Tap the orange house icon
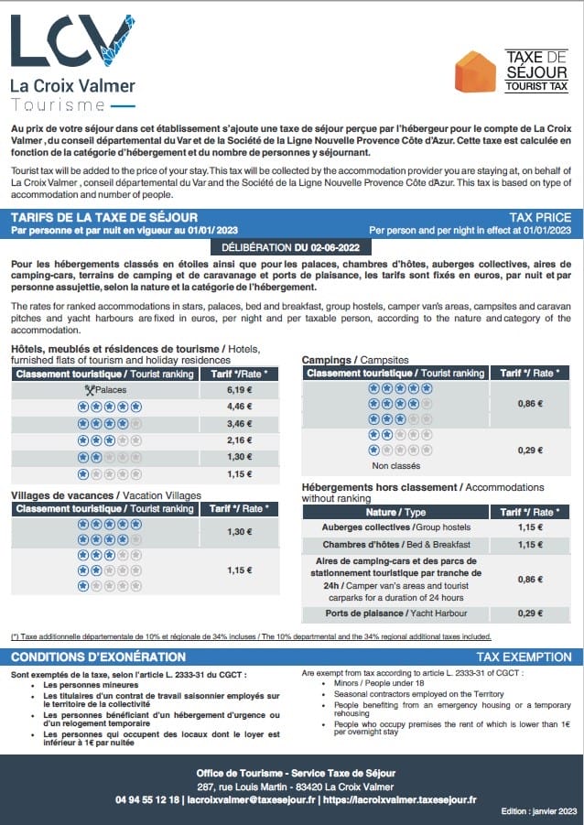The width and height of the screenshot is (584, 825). click(x=476, y=71)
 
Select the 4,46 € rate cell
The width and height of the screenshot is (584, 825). click(x=238, y=406)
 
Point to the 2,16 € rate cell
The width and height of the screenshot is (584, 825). click(x=238, y=440)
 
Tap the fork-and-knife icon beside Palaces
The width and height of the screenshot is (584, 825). click(x=90, y=389)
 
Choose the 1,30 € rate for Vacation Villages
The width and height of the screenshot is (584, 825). click(x=238, y=532)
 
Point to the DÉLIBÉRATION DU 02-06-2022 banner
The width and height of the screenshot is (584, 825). click(x=291, y=248)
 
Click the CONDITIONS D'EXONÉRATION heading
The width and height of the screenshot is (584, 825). click(x=98, y=657)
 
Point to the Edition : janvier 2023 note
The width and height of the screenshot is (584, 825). click(x=539, y=812)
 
